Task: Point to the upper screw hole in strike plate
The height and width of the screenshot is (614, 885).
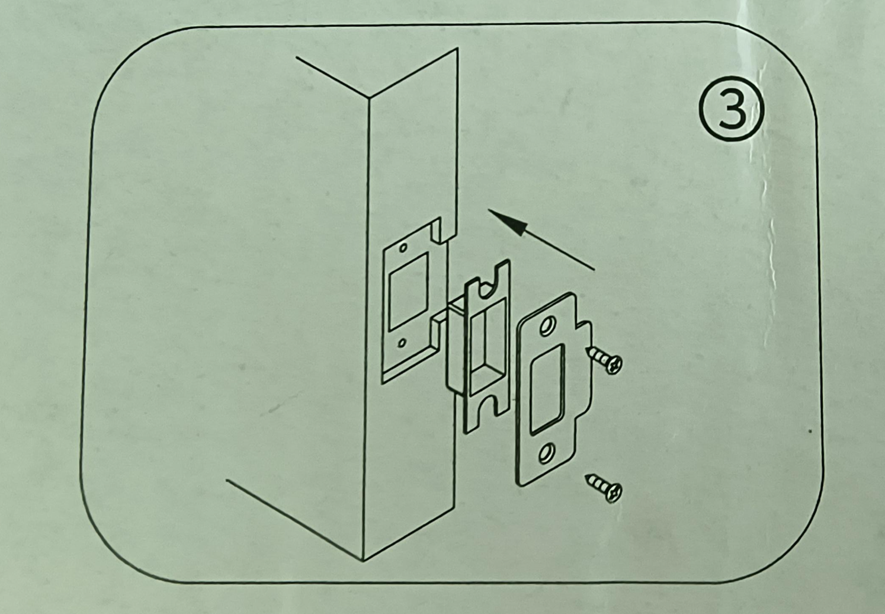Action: (547, 327)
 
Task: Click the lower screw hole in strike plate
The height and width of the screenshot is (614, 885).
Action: (547, 453)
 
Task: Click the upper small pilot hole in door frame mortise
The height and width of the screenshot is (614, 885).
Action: (403, 248)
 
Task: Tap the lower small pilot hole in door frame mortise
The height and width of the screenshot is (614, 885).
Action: (402, 343)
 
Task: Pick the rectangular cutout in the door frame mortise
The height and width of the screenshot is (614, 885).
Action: (409, 293)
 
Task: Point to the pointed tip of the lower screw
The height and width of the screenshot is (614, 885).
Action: (586, 477)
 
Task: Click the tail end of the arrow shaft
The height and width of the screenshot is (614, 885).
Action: (594, 270)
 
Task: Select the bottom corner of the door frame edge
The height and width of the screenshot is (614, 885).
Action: (364, 560)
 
